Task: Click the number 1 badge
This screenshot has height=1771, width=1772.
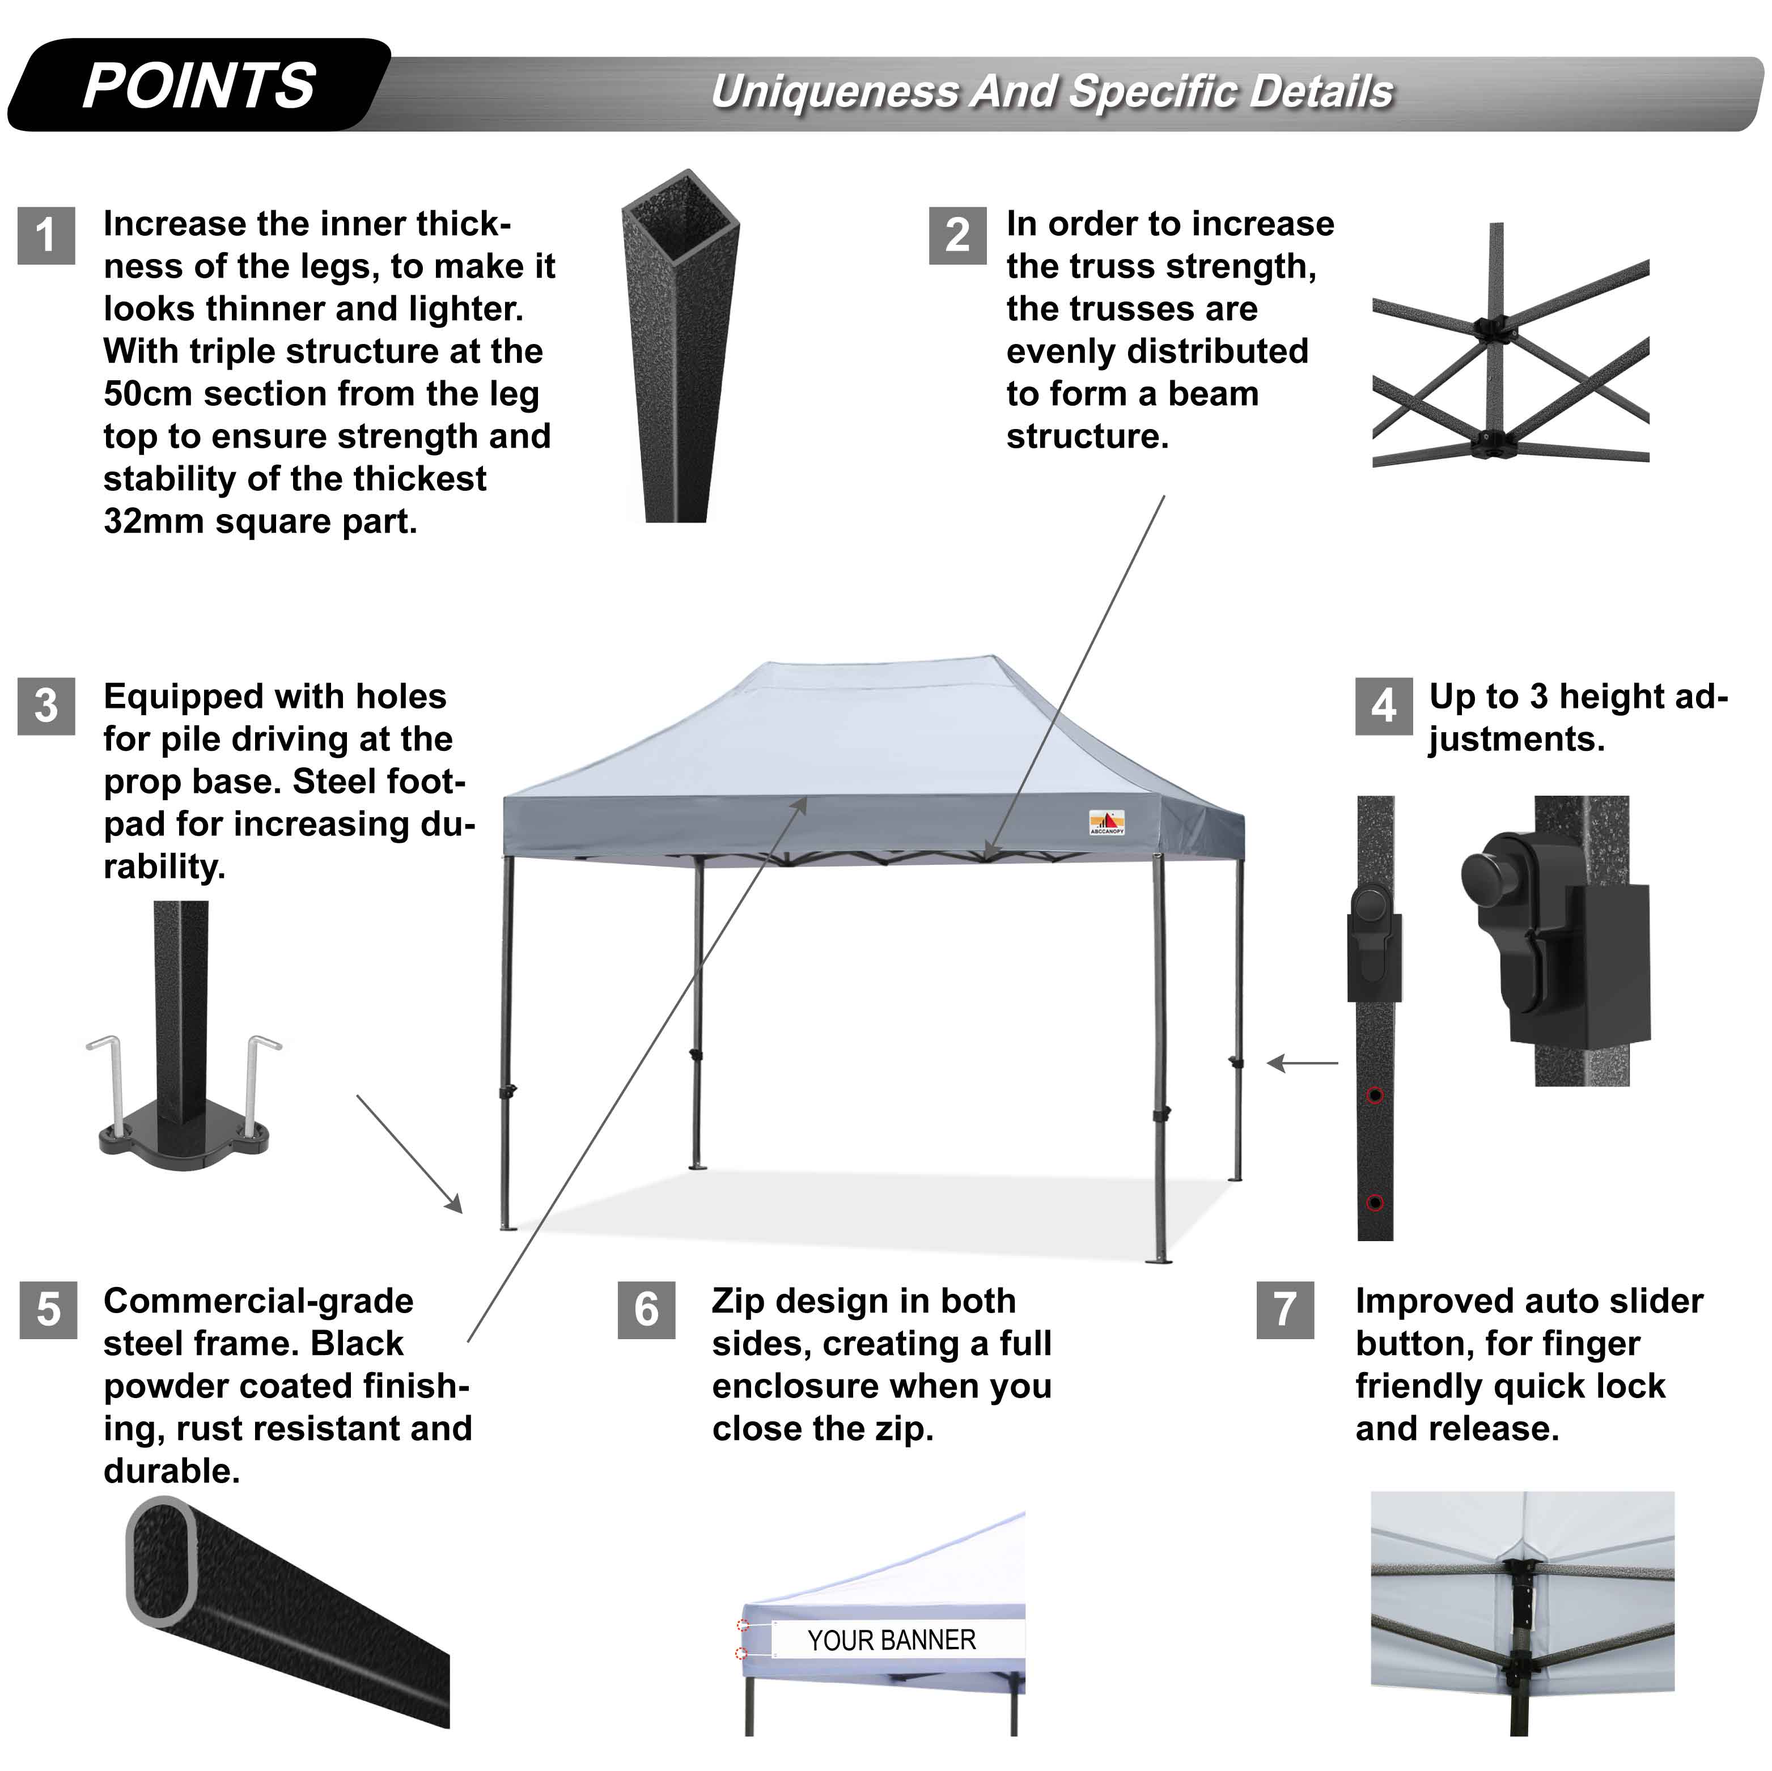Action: [46, 236]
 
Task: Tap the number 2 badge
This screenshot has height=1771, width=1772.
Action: [957, 236]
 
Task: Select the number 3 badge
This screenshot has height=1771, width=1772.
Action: [46, 706]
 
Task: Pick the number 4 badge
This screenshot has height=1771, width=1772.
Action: [1383, 706]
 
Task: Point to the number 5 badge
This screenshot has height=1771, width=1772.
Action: [48, 1310]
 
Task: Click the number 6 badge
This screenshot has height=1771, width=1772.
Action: [647, 1310]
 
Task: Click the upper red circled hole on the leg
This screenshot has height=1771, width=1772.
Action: [1374, 1095]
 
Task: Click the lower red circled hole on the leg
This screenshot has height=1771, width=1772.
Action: [1374, 1203]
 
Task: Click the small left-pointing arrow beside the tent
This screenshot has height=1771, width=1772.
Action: [1303, 1064]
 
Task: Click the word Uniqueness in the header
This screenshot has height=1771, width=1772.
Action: [834, 92]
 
